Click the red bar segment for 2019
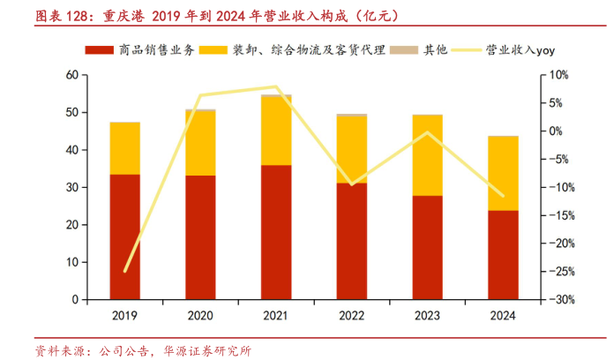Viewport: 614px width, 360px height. pyautogui.click(x=124, y=236)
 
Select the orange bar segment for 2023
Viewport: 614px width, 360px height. pyautogui.click(x=428, y=154)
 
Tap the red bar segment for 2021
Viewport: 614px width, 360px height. pyautogui.click(x=276, y=232)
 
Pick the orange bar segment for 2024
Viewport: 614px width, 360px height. pyautogui.click(x=504, y=173)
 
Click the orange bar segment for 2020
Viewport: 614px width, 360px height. pyautogui.click(x=200, y=143)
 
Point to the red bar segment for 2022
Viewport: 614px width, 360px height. pyautogui.click(x=352, y=241)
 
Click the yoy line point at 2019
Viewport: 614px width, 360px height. pyautogui.click(x=124, y=272)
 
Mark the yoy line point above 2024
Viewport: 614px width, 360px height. pyautogui.click(x=504, y=196)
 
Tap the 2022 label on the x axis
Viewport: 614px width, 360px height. pyautogui.click(x=352, y=315)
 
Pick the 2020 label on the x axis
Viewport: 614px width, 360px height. pyautogui.click(x=200, y=315)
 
